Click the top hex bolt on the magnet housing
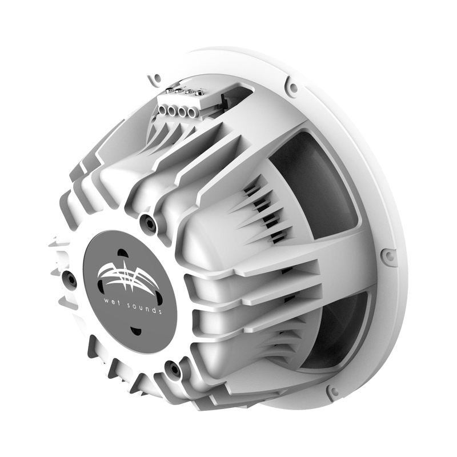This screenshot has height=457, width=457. coord(150,224)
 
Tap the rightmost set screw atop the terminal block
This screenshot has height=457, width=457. coord(201,91)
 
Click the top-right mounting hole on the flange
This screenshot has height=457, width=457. coord(292,87)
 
